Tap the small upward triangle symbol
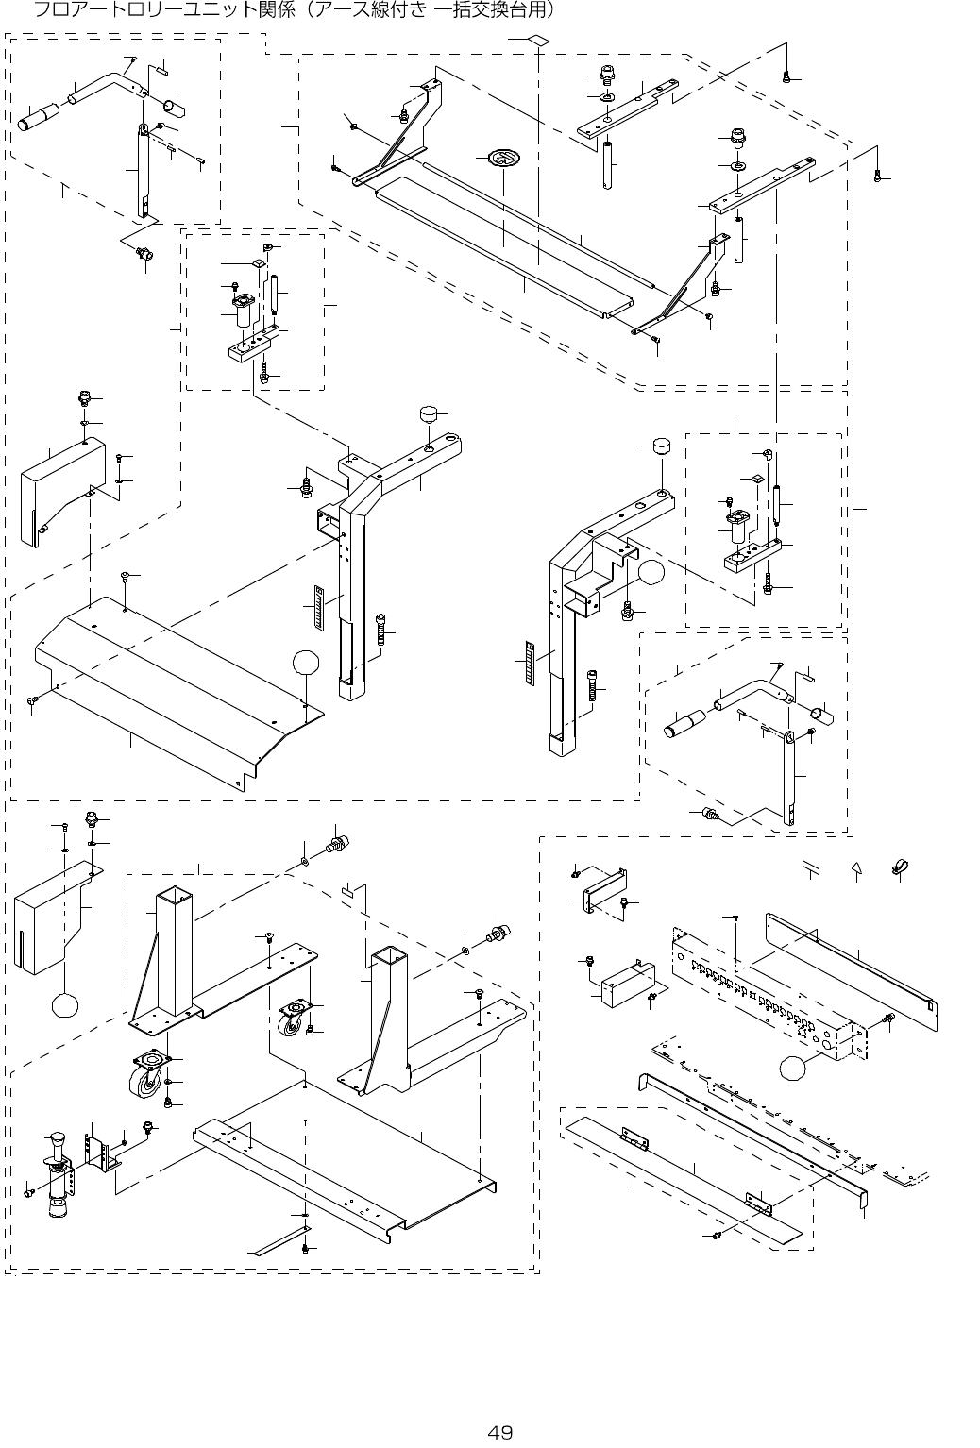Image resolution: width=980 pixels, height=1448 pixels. click(x=856, y=868)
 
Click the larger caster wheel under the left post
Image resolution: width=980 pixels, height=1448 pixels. click(x=145, y=1075)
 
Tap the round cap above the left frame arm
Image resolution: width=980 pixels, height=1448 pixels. click(x=431, y=415)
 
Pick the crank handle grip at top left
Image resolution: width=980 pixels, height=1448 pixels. click(x=39, y=121)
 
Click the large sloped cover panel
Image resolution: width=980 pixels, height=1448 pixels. click(x=170, y=689)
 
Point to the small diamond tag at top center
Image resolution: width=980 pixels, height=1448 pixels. click(x=536, y=41)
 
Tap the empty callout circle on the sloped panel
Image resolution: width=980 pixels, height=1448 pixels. click(x=304, y=663)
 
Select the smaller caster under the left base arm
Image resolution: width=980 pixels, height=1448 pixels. click(x=293, y=1019)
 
